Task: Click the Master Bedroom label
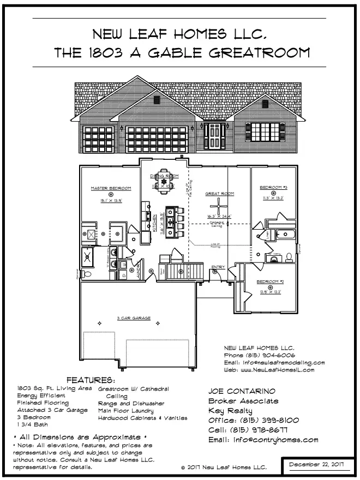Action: (111, 188)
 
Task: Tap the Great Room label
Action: (219, 194)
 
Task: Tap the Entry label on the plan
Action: (218, 266)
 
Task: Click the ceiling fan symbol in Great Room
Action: (218, 206)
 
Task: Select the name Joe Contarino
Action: (243, 391)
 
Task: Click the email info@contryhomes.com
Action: (263, 440)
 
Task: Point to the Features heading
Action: (91, 380)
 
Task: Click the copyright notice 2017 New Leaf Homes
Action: (224, 467)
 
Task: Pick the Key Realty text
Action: (231, 411)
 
